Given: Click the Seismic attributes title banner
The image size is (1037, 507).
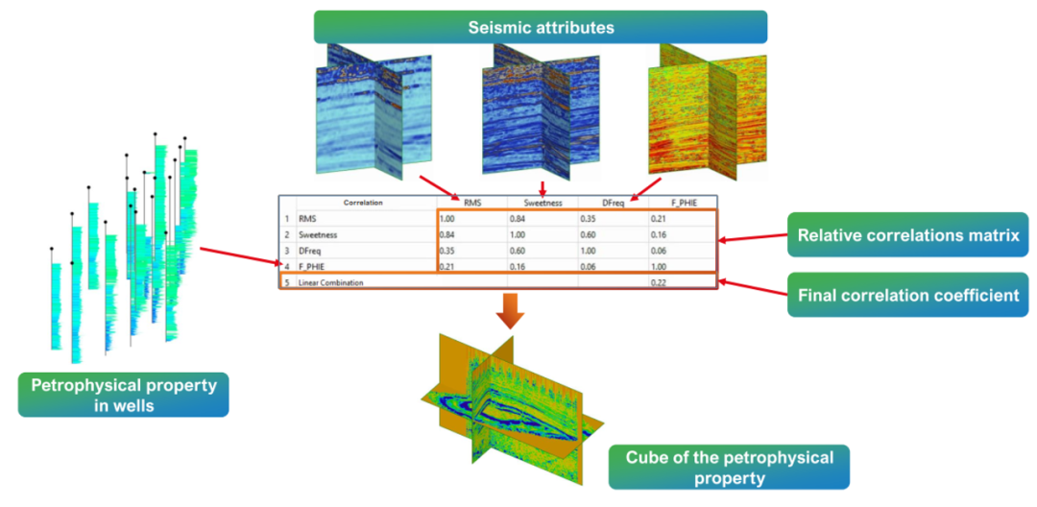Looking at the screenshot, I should (541, 27).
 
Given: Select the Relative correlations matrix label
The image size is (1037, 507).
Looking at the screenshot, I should (906, 235).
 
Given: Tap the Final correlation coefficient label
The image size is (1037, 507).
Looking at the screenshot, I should (906, 295).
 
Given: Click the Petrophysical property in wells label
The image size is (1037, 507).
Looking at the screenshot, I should (123, 395).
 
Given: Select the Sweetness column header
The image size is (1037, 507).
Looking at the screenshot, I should (543, 204).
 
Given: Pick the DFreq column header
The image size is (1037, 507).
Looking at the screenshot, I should (615, 204).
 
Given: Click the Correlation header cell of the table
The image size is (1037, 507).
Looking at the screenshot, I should (363, 204).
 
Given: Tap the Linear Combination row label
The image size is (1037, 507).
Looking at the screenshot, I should (331, 283).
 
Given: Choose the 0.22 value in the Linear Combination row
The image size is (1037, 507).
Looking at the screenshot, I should (658, 283).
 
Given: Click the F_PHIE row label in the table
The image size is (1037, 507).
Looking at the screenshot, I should (313, 266).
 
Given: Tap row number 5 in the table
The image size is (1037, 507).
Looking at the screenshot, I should (286, 283).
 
